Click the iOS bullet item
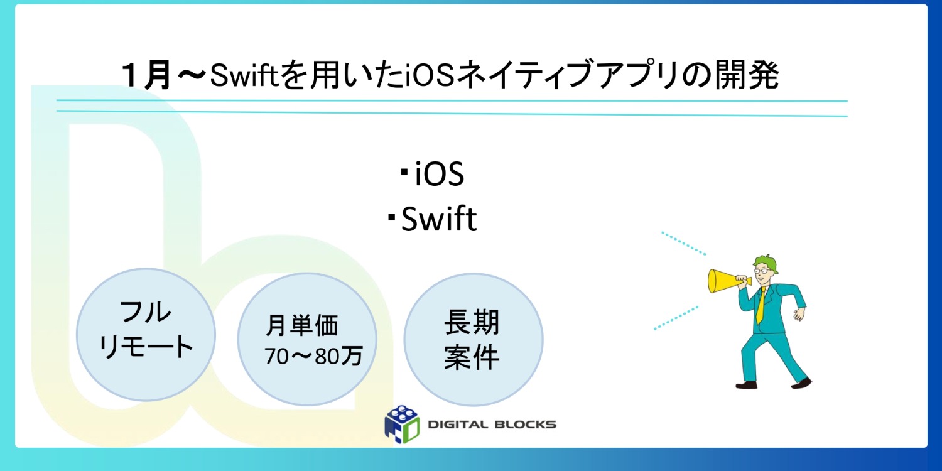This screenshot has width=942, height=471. (x=439, y=176)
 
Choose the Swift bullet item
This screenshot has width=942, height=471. (x=438, y=220)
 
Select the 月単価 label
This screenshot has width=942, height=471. (x=302, y=326)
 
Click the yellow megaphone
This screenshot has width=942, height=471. (x=722, y=281)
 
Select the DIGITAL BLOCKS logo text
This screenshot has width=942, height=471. (x=492, y=425)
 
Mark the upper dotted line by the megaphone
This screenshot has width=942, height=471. (x=684, y=243)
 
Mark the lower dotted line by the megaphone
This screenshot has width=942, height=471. (x=676, y=318)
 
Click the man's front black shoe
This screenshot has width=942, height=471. (x=746, y=384)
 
